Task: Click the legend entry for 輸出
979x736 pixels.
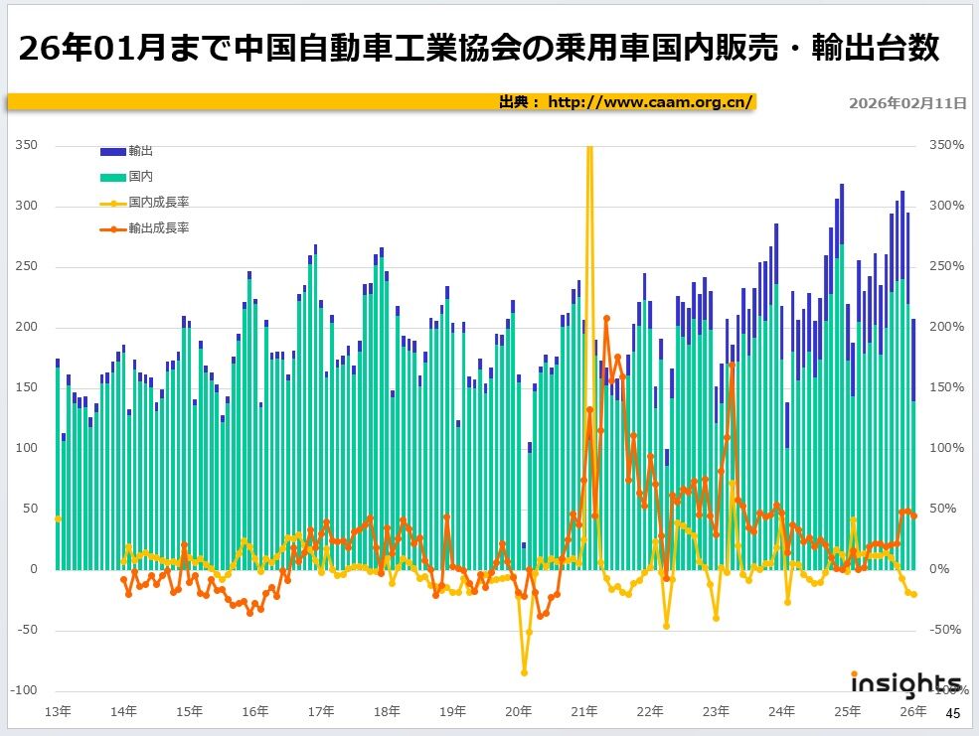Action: [140, 151]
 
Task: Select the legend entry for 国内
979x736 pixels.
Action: [140, 176]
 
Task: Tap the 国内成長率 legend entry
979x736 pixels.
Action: [158, 202]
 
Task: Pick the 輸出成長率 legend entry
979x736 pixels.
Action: [158, 227]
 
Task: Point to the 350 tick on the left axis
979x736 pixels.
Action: [27, 145]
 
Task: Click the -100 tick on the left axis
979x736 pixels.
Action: [24, 690]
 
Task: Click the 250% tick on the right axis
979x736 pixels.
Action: [946, 266]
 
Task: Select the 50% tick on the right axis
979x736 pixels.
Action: [949, 509]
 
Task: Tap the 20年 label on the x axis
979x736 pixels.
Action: [518, 711]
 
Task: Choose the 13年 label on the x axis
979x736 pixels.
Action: [58, 711]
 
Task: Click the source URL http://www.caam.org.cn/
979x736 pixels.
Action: [651, 101]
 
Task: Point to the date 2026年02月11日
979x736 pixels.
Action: [907, 102]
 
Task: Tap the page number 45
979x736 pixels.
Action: [952, 713]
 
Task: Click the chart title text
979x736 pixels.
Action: [478, 48]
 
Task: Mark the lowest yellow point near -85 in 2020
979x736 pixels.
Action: [524, 672]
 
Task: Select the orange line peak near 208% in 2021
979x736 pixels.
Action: [606, 318]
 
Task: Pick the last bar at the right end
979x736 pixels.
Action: [913, 447]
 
